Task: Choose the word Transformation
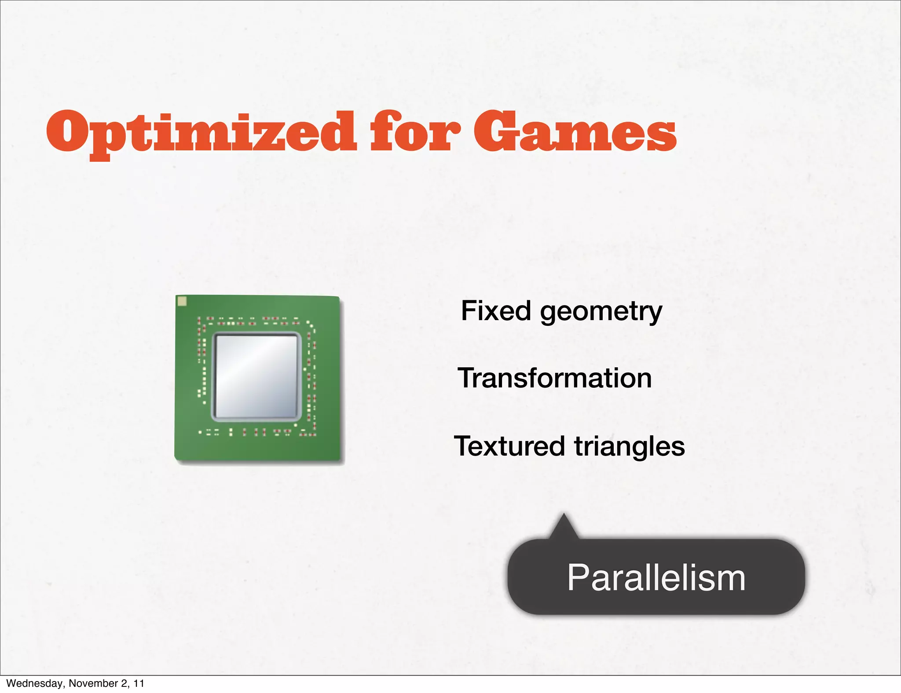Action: (555, 378)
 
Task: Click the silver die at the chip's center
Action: (256, 376)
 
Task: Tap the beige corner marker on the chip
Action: (182, 301)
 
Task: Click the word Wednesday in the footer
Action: (34, 683)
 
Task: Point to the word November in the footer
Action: (93, 683)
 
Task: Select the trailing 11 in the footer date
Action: (139, 683)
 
